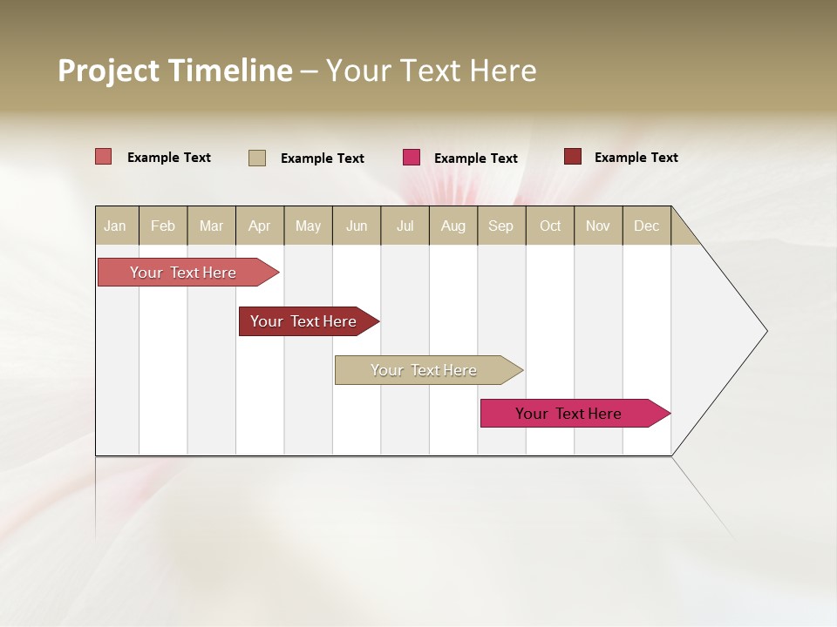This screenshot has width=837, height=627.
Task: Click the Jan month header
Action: coord(115,226)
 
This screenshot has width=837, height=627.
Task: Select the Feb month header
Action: coord(163,226)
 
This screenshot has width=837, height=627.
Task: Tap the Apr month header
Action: coord(259,226)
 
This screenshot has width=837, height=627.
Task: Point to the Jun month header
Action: coord(357,226)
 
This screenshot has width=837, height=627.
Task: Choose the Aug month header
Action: coord(453,226)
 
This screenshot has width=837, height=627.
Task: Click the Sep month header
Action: coord(500,226)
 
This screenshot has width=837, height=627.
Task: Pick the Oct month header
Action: coord(550,226)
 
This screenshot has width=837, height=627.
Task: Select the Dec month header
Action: coord(646,226)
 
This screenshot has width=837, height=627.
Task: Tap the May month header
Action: coord(308,226)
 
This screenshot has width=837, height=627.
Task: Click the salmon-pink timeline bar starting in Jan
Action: coord(184,273)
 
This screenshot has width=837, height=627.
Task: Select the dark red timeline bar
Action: coord(304,321)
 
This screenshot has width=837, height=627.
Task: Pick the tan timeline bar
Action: coord(425,370)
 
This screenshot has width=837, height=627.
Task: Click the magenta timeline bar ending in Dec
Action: coord(569,414)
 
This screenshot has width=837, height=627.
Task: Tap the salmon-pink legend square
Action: coord(103,157)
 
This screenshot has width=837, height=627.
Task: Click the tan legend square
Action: coord(256,158)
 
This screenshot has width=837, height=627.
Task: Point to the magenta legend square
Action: coord(412,158)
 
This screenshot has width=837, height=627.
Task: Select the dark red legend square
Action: coord(572,157)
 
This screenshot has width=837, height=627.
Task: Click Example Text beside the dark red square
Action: coord(636,158)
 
